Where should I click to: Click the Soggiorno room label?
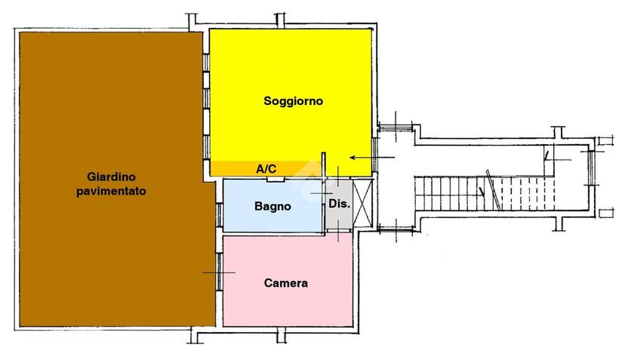pos(293,101)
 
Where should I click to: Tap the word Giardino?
pos(111,177)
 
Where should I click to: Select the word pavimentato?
pos(111,191)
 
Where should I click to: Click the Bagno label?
pos(272,207)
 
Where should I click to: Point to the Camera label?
pos(286,283)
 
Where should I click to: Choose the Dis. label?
pos(339,204)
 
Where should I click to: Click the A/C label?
pos(266,169)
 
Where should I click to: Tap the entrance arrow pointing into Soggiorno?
pos(372,158)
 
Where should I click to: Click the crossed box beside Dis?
pos(363,203)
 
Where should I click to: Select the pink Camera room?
pos(288,281)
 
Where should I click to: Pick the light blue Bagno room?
pos(272,205)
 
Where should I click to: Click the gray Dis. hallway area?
pos(339,204)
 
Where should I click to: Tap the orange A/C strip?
pos(263,168)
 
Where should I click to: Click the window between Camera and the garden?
pos(219,272)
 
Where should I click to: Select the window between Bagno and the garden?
pos(220,215)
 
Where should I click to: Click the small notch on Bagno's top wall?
pos(276,180)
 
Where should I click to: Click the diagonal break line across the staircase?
pos(494,189)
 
